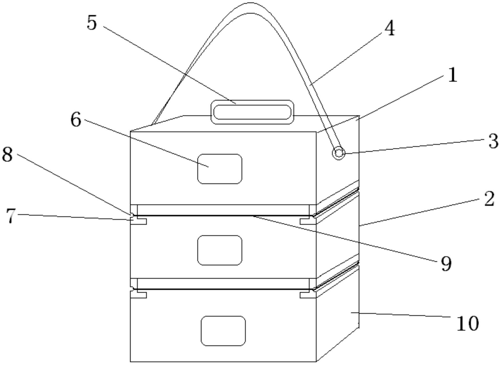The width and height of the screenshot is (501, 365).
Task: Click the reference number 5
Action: click(x=92, y=23)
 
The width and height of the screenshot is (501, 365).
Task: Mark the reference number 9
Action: click(x=446, y=263)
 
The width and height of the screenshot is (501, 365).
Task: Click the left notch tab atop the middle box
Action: click(x=139, y=222)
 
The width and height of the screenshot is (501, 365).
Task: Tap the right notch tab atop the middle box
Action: click(x=308, y=222)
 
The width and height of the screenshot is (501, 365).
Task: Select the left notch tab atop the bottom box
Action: click(x=139, y=295)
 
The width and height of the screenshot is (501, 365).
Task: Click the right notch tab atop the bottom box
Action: click(x=308, y=295)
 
